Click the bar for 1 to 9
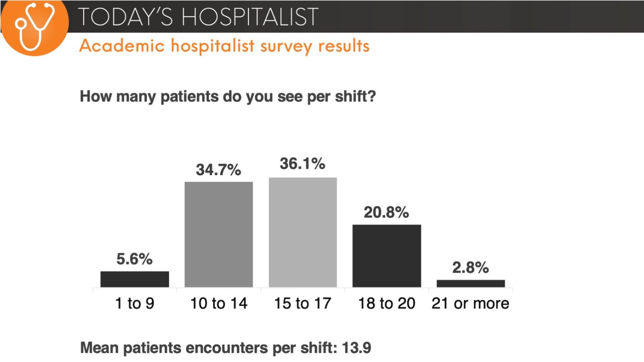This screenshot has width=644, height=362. tap(135, 279)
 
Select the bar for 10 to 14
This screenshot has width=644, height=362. tap(218, 234)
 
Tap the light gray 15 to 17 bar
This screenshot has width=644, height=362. tap(303, 232)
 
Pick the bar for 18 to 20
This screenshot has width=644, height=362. tap(387, 256)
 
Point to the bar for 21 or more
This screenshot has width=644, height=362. tap(470, 283)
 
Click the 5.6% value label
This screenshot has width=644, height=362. tap(134, 259)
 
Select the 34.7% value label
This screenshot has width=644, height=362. tap(218, 170)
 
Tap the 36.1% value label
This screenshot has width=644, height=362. tap(302, 163)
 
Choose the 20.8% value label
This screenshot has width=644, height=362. tap(386, 212)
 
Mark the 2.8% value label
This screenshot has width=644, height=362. tap(470, 267)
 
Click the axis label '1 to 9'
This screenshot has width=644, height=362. tap(135, 303)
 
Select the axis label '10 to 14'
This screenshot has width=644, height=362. tap(218, 303)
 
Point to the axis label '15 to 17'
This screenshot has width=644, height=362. tap(303, 303)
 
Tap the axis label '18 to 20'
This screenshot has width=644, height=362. tap(387, 303)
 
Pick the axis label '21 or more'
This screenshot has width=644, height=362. tap(470, 303)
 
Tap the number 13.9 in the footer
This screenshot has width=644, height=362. tap(356, 348)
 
